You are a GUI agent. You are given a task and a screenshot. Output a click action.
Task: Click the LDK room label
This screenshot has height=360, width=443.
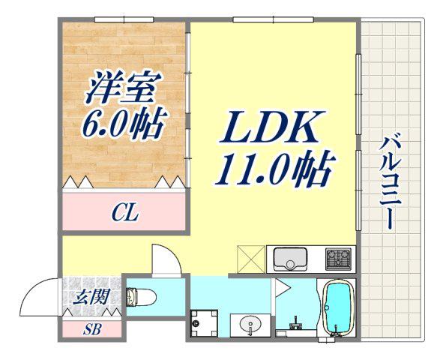click(272, 127)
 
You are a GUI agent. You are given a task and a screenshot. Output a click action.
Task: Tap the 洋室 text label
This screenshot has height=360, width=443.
click(124, 87)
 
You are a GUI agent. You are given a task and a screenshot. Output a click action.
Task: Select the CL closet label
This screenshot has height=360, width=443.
click(125, 213)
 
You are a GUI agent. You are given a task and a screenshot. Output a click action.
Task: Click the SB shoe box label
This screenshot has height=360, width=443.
click(92, 329)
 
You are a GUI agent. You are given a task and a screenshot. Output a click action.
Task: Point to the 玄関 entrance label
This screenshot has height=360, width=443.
click(91, 297)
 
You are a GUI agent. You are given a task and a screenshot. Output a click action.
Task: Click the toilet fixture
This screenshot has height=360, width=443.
click(141, 297)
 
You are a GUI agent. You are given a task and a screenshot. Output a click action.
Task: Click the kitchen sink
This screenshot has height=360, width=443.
click(290, 259)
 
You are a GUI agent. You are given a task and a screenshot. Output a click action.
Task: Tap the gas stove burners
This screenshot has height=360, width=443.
click(339, 259)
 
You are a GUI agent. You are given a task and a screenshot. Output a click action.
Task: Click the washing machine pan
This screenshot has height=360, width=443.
click(205, 323)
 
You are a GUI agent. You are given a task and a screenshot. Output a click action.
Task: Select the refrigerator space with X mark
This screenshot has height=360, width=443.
click(251, 259)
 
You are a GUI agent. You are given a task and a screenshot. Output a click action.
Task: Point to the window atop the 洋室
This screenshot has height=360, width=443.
click(124, 19)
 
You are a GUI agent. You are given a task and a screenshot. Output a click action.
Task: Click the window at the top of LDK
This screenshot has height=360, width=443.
click(273, 19)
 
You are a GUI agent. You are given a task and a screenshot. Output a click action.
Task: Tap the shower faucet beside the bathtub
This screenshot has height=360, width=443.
click(295, 323)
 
